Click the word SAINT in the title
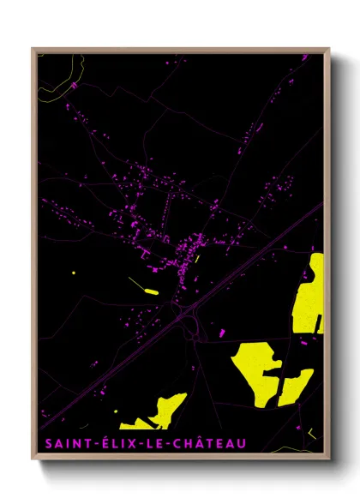pyautogui.click(x=62, y=443)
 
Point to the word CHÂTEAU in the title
pyautogui.click(x=206, y=443)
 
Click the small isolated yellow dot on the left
pyautogui.click(x=74, y=273)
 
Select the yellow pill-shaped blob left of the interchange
pyautogui.click(x=153, y=292)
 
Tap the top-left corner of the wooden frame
pyautogui.click(x=33, y=49)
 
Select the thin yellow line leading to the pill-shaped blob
pyautogui.click(x=137, y=283)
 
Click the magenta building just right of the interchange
pyautogui.click(x=222, y=331)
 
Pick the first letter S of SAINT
pyautogui.click(x=45, y=443)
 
